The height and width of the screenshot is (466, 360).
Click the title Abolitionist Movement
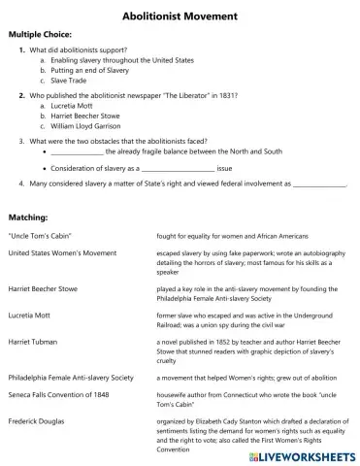point(180,16)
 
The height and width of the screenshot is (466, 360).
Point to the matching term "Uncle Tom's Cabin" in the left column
point(40,236)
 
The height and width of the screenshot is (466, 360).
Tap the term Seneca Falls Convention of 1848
point(63,398)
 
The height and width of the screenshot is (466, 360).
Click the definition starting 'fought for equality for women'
point(232,236)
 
